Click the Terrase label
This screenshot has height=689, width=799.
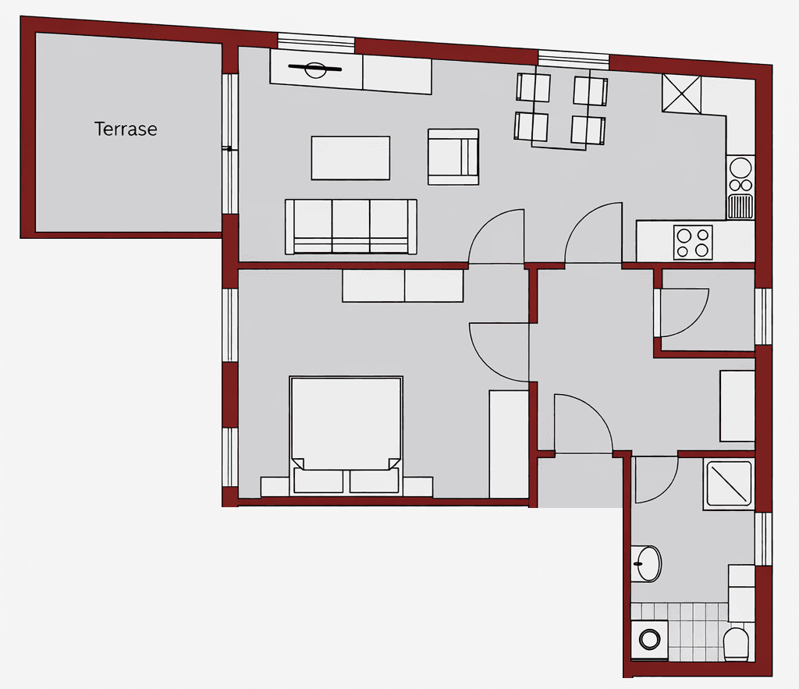(x=126, y=129)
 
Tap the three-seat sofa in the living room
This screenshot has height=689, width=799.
(x=350, y=226)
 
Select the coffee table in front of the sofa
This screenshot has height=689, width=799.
(x=350, y=158)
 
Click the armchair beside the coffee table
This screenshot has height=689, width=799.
(x=453, y=156)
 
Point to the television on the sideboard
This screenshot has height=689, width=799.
(x=315, y=70)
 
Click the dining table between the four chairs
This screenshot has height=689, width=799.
(x=560, y=109)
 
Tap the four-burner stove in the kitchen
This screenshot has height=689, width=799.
(x=693, y=242)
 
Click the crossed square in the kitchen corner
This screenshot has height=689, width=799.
(x=682, y=94)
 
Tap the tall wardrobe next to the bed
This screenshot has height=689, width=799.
(x=509, y=443)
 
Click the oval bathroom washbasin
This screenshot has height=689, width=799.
(x=647, y=562)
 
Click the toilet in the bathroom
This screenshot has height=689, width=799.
(x=736, y=644)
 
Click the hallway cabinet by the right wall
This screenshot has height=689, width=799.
(x=737, y=406)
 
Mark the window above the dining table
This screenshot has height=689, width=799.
(x=574, y=59)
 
